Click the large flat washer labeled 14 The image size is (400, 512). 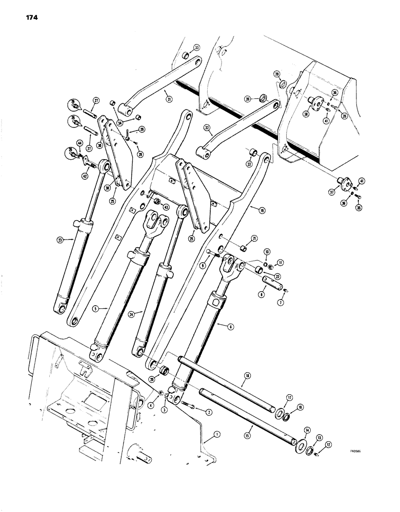[297, 432]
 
